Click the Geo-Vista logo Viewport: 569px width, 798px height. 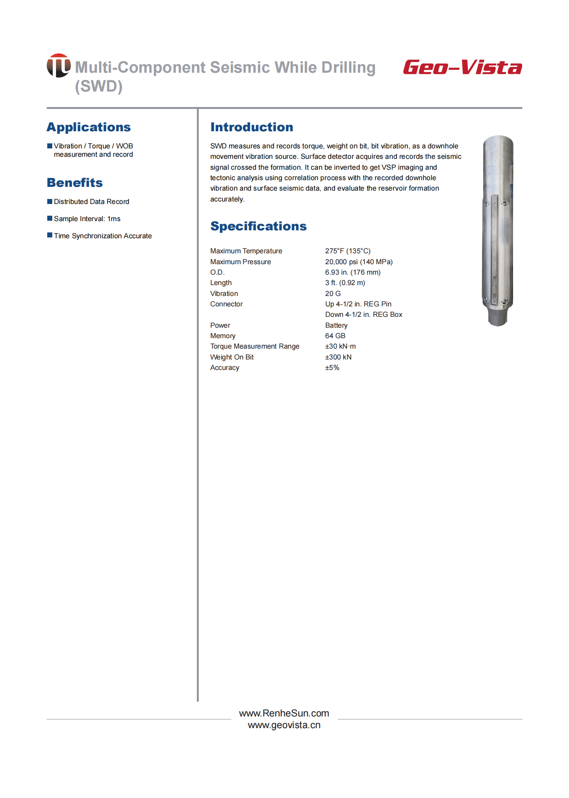pos(462,67)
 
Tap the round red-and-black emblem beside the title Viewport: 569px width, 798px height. pos(59,66)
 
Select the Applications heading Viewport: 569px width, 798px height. pos(89,127)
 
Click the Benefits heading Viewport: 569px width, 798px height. pos(75,183)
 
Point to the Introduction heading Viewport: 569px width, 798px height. pos(252,127)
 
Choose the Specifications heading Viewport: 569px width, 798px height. pos(258,226)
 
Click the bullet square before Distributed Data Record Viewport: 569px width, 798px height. pos(50,201)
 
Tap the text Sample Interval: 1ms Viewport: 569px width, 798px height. pos(87,219)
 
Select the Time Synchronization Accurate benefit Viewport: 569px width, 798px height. pos(102,236)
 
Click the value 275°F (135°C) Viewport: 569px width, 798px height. pos(348,251)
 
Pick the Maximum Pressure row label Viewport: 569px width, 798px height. pos(240,262)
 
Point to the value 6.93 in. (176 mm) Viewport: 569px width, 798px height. pos(353,272)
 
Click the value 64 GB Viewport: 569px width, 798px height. pos(335,336)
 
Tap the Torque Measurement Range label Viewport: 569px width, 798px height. pos(255,346)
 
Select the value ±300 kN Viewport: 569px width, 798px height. pos(338,357)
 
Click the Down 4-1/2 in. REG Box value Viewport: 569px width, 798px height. pos(364,314)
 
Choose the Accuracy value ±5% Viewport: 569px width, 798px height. pos(332,367)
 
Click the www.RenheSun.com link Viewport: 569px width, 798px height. pos(284,713)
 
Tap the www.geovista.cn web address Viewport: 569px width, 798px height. pos(284,725)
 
